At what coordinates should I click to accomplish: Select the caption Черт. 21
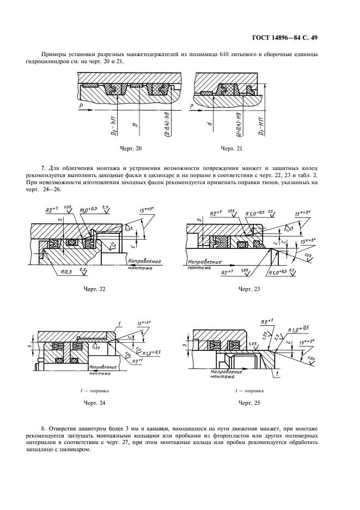pos(232,148)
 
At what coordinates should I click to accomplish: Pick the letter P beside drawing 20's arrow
pos(81,104)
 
